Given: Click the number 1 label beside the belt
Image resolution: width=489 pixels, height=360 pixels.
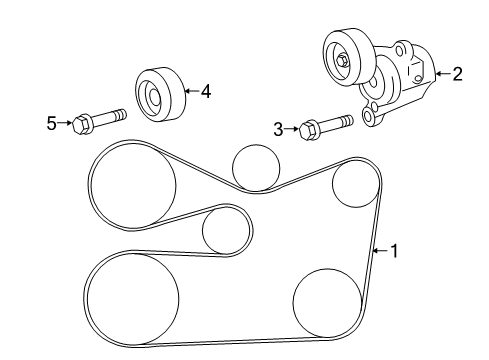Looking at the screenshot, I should click(393, 251).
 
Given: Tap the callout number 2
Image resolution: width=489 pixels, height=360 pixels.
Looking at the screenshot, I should click(457, 73).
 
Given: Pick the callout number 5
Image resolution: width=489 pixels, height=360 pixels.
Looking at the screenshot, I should click(52, 123).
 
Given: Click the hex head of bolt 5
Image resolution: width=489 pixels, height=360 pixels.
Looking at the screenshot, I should click(84, 123).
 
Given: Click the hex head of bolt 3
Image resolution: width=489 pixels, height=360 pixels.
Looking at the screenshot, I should click(309, 128).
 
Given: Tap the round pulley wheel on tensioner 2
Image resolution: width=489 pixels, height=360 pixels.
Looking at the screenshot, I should click(342, 58).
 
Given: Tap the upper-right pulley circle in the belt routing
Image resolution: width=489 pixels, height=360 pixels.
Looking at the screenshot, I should click(354, 185).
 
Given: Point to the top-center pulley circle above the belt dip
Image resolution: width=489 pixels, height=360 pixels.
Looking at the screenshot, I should click(255, 166).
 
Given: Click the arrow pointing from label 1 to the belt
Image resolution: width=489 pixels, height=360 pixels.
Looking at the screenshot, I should click(379, 251).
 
